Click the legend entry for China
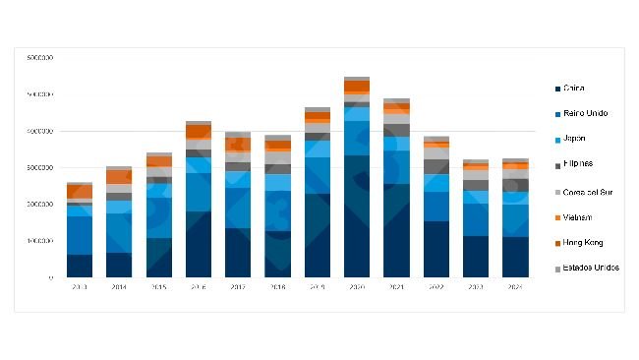[576, 89]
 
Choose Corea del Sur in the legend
[589, 190]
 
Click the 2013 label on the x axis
[80, 286]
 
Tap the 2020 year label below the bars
[357, 286]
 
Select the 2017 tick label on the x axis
[238, 286]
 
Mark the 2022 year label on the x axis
[436, 286]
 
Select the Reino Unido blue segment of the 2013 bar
[80, 235]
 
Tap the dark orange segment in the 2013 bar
[80, 191]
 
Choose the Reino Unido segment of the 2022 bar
[436, 207]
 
